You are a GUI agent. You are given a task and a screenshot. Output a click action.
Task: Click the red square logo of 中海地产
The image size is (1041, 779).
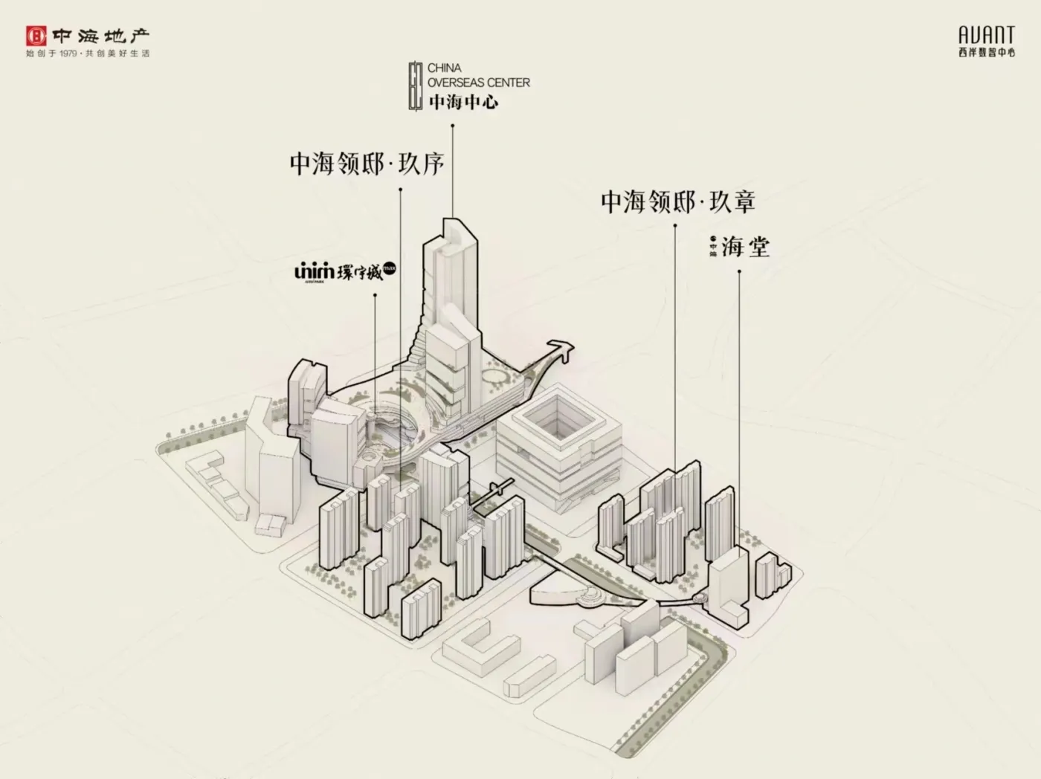(36, 36)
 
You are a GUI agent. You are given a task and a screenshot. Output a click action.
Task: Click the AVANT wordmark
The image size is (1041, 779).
(986, 35)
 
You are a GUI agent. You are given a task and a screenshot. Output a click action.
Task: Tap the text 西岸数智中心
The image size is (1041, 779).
(986, 53)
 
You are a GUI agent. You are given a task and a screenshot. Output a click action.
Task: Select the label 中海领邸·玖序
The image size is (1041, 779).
(367, 164)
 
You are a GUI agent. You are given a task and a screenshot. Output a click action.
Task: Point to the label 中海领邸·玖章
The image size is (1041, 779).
(678, 201)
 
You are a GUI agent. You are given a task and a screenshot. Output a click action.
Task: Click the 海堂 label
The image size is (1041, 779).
(745, 247)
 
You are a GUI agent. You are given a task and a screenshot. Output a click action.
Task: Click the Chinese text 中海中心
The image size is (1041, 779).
(463, 102)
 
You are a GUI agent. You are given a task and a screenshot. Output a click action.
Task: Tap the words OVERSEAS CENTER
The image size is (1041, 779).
(479, 83)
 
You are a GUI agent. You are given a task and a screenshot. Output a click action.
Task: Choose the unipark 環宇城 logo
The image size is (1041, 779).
(345, 271)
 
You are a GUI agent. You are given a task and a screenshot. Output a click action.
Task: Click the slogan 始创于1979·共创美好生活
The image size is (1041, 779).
(88, 54)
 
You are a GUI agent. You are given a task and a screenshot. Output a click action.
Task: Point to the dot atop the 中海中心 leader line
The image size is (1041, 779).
(452, 126)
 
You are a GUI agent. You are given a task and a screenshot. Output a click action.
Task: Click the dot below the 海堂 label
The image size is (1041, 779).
(739, 271)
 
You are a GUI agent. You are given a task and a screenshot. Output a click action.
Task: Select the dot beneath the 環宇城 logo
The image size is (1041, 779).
(375, 295)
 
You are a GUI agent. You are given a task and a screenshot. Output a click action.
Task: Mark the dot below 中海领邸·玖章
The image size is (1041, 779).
(675, 225)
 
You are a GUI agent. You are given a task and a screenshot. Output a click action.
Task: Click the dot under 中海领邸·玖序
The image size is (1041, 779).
(401, 190)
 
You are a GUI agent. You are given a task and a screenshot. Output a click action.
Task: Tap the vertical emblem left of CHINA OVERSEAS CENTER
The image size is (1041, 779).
(416, 86)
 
